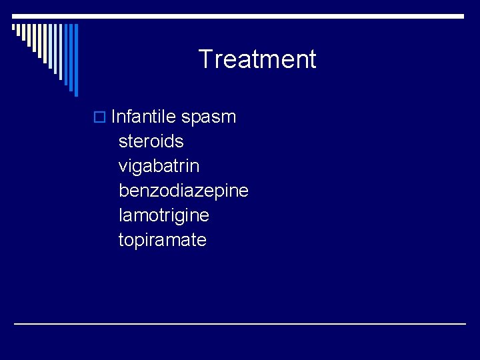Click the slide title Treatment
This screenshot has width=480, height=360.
[257, 59]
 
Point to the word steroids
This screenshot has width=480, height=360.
[151, 142]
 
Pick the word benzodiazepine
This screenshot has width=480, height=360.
[183, 191]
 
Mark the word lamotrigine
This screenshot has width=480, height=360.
[164, 216]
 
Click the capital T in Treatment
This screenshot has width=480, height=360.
[205, 59]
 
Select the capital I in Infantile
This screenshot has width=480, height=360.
[114, 117]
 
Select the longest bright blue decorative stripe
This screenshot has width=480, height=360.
[76, 60]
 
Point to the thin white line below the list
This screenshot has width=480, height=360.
[240, 323]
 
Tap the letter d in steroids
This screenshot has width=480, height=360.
[173, 142]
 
